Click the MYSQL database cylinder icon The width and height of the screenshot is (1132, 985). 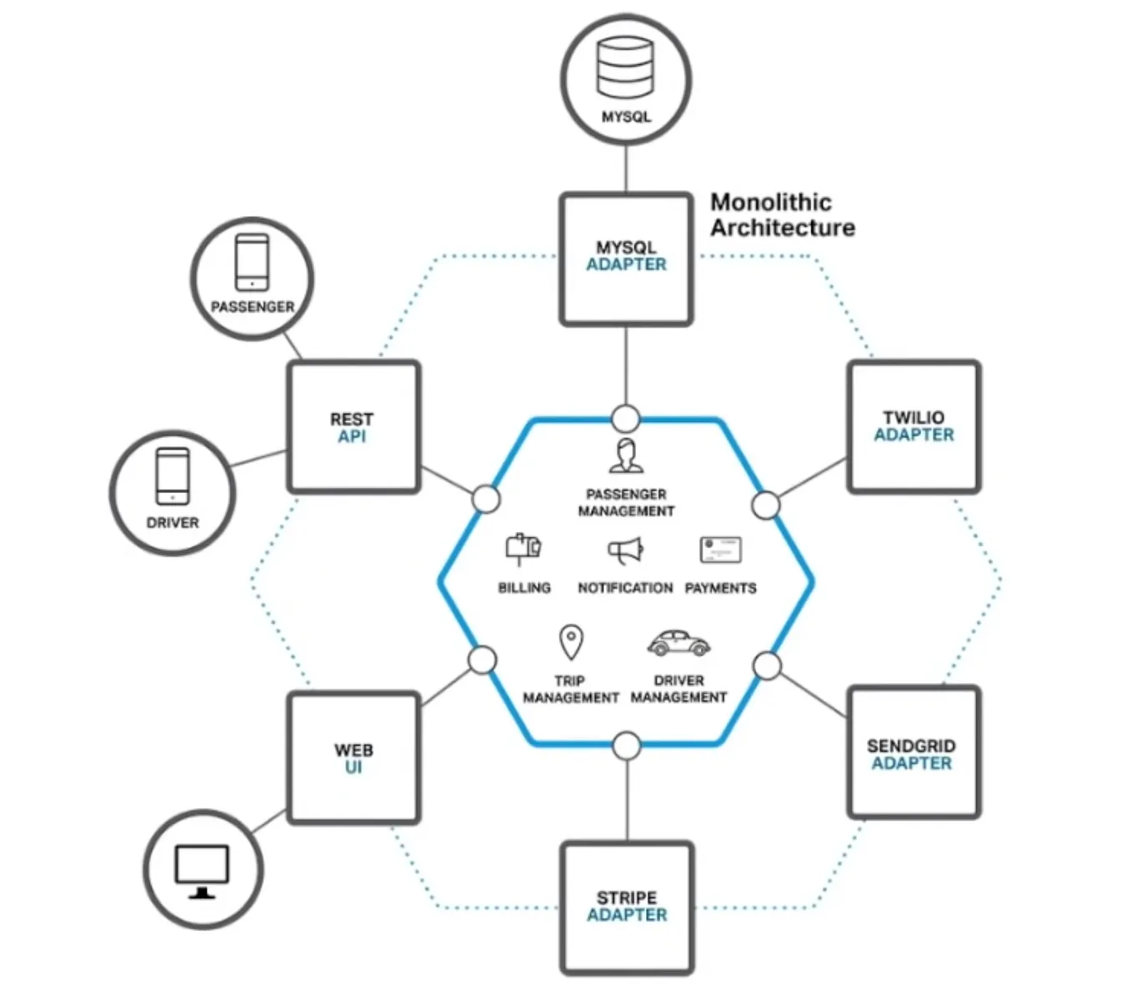click(624, 68)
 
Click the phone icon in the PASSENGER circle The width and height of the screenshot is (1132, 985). click(252, 262)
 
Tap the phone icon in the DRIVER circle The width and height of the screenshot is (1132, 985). click(173, 476)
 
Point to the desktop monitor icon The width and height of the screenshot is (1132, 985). click(202, 872)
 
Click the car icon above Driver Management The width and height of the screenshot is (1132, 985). click(679, 643)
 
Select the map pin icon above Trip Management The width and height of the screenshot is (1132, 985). click(571, 642)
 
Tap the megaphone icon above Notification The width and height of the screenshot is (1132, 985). click(626, 550)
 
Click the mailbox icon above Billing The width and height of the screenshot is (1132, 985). click(523, 550)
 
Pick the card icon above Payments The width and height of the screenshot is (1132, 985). click(720, 550)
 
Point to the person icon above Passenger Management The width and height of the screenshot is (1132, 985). click(626, 456)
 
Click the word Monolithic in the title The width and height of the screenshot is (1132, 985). click(771, 203)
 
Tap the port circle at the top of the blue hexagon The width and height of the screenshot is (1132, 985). click(626, 419)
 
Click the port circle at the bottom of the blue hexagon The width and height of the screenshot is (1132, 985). click(627, 746)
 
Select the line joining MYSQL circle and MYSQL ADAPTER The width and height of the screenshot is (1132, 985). click(626, 168)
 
